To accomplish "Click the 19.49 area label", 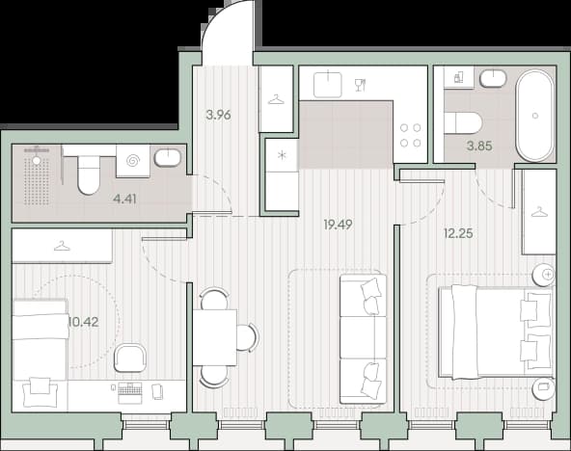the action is click(338, 225).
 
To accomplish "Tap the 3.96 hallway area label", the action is click(218, 115).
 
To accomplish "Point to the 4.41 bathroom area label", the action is click(124, 199).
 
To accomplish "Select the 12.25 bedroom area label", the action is click(458, 233).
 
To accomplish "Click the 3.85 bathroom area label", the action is click(479, 146).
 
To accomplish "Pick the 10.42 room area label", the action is click(83, 322).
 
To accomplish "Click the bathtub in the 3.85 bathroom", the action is click(534, 116).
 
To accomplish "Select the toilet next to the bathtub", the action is click(463, 123).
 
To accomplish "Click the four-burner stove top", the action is click(411, 135).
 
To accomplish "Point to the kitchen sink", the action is click(328, 85).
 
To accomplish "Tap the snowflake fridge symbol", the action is click(282, 156).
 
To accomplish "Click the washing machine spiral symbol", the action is click(133, 160).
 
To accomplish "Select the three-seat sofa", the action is click(363, 339).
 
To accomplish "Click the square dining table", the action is click(214, 337).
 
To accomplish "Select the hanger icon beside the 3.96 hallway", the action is click(276, 99).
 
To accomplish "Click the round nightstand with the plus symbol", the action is click(543, 274).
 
